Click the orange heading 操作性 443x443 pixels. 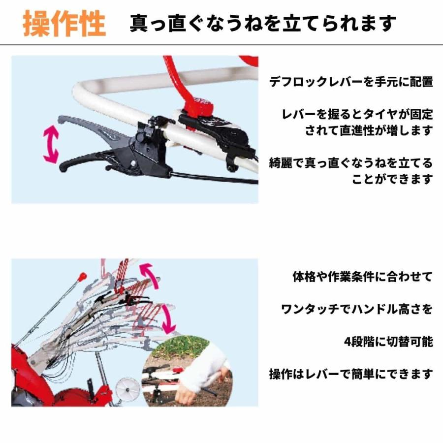tap(64, 23)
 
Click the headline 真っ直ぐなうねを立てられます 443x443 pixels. tap(263, 23)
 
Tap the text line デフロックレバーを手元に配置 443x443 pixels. tap(351, 82)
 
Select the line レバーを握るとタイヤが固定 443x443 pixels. tap(357, 115)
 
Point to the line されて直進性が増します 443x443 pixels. tap(369, 130)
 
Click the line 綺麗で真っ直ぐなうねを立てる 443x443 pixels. tap(351, 162)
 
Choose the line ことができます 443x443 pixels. tap(392, 178)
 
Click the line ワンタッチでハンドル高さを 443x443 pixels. tap(356, 309)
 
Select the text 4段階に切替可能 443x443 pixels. tap(388, 341)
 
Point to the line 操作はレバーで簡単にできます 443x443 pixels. tap(351, 374)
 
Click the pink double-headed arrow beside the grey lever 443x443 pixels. tap(51, 144)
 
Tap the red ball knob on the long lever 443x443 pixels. tap(83, 275)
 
